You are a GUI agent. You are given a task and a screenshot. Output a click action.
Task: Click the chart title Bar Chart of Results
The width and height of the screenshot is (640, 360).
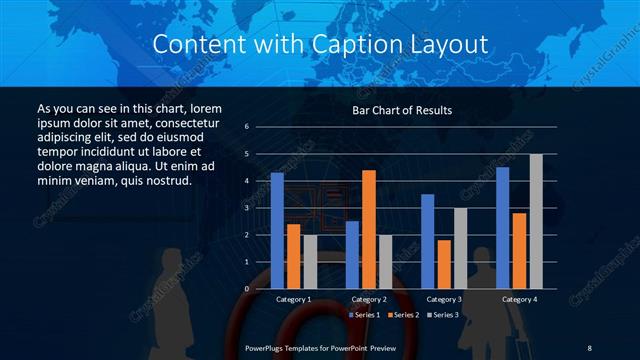[x=402, y=110]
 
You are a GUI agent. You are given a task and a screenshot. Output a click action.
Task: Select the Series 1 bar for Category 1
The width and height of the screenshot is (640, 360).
[x=277, y=230]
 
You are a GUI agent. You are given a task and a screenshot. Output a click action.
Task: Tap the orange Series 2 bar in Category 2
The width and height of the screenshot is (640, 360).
[x=369, y=229]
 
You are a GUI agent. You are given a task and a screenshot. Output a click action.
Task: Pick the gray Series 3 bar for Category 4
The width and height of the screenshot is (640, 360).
[x=536, y=221]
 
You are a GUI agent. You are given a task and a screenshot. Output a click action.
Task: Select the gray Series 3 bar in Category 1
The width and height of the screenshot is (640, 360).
[x=309, y=262]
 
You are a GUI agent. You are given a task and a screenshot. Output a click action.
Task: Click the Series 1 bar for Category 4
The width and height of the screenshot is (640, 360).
[x=502, y=227]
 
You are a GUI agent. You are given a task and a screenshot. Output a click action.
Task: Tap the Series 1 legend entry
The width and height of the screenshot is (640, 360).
[x=363, y=315]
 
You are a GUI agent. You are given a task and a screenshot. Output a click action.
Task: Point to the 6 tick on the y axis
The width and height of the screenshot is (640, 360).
[x=246, y=127]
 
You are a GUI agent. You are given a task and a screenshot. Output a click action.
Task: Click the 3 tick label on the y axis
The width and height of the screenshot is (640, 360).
[x=246, y=208]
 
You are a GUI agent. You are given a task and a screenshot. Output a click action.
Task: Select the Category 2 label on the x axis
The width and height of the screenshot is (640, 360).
[x=369, y=299]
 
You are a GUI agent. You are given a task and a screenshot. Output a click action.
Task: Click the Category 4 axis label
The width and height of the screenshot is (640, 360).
[x=518, y=299]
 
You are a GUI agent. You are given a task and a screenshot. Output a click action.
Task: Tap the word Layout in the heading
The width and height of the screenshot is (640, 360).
[x=446, y=45]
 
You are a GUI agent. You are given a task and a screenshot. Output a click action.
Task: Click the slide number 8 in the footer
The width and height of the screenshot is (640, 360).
[x=589, y=347]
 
